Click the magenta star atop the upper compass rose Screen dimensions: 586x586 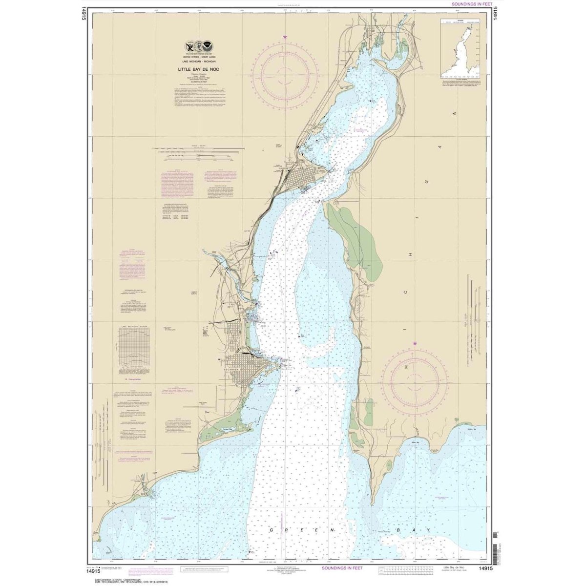pos(285,37)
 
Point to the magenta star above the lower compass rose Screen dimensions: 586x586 pos(415,344)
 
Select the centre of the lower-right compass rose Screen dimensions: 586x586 pos(415,379)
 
